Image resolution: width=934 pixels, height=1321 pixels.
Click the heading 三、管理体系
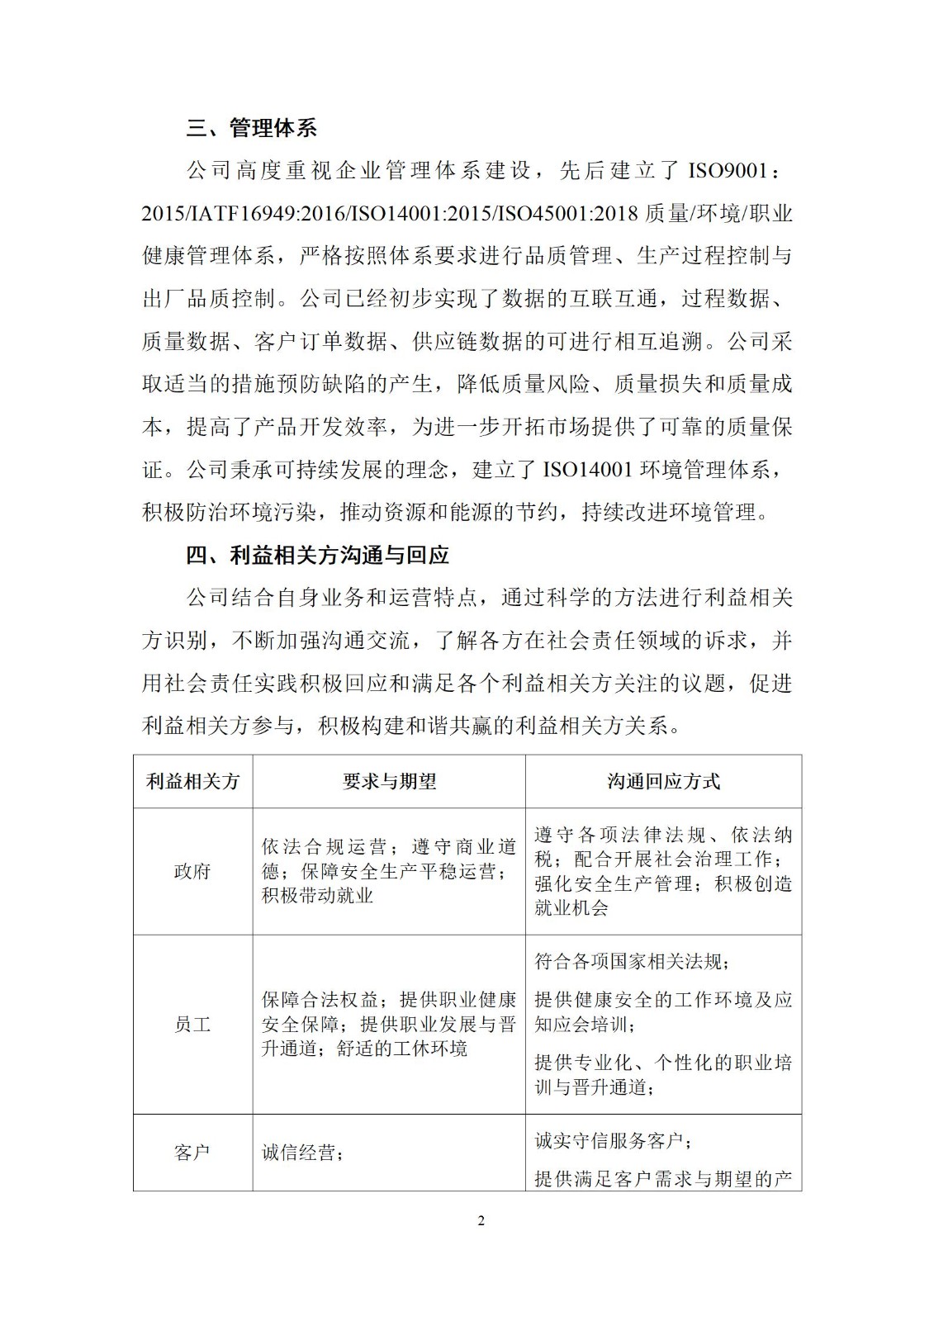(251, 128)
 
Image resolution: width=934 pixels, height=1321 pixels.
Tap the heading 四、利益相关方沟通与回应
(317, 555)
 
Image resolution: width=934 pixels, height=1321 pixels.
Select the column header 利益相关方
(192, 781)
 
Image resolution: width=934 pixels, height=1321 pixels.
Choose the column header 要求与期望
(389, 781)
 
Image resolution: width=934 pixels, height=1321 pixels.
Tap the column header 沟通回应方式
(663, 781)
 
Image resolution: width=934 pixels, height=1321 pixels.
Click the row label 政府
(192, 871)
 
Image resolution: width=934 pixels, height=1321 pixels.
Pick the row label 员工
(192, 1025)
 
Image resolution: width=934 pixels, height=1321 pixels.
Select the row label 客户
(192, 1153)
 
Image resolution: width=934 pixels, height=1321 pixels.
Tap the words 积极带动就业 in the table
(318, 895)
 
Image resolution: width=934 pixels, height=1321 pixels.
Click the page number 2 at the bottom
(481, 1221)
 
